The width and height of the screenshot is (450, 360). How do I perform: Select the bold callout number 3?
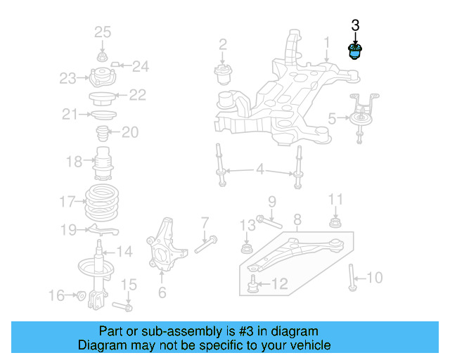pos(355,26)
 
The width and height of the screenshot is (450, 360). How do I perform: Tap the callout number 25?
pos(103,32)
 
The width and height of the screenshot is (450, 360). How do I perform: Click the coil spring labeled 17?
pos(103,202)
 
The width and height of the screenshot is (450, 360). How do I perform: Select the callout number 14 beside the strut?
pos(124,251)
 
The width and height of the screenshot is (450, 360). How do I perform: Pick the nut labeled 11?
pos(335,224)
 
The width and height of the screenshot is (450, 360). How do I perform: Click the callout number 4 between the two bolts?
pos(259,169)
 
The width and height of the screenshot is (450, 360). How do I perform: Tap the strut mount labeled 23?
pos(102,77)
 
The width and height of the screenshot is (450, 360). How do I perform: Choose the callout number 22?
pos(137,94)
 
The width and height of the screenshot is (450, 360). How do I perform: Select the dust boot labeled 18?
pos(103,165)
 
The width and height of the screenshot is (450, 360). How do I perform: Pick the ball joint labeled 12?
pos(253,284)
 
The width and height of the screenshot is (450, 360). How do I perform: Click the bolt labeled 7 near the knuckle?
pos(202,245)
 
